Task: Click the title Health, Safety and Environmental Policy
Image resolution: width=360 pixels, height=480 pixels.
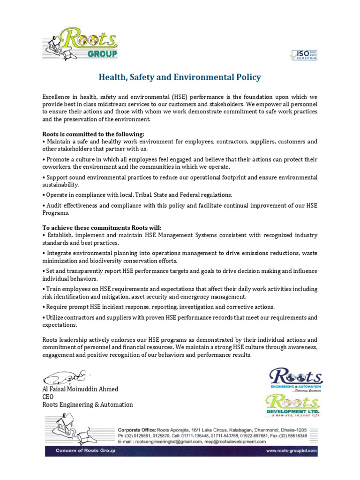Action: click(180, 77)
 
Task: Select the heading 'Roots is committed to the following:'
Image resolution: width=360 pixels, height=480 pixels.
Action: click(87, 134)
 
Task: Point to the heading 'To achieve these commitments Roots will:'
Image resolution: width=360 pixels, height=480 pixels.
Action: click(96, 227)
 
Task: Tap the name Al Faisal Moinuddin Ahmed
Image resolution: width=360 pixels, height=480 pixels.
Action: click(80, 389)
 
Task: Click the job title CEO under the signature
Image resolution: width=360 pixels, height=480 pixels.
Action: click(48, 397)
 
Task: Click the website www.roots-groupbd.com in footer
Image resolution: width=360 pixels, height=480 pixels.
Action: click(292, 451)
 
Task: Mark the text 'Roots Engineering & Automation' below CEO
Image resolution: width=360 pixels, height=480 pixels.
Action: click(88, 405)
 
